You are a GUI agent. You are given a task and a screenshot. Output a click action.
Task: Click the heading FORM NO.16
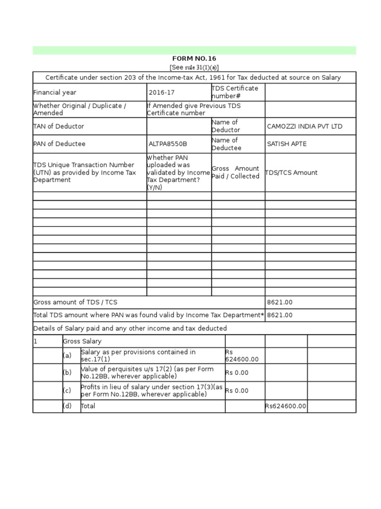tap(194, 59)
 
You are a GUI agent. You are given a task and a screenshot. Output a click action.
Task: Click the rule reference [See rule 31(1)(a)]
tap(194, 67)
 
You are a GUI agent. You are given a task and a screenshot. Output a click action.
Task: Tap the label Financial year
tap(55, 92)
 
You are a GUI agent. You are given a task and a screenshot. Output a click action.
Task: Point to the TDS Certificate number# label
tap(235, 92)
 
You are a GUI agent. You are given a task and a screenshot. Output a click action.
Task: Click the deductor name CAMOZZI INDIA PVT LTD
tap(305, 126)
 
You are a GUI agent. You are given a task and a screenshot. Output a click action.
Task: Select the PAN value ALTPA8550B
tap(168, 144)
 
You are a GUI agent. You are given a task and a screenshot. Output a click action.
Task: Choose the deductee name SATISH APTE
tap(287, 144)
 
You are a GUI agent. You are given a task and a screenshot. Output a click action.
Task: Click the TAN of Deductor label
tap(59, 126)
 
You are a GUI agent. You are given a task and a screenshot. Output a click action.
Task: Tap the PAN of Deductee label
tap(60, 144)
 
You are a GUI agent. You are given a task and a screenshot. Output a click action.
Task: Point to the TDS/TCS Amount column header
tap(292, 172)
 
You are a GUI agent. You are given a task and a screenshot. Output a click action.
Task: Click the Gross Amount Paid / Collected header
tap(236, 172)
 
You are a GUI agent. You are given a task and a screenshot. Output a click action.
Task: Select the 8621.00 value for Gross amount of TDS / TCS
tap(280, 302)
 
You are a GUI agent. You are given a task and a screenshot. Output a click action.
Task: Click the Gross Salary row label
tap(82, 341)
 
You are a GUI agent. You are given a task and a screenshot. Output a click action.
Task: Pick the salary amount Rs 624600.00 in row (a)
tap(242, 356)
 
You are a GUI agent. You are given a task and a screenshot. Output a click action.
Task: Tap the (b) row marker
tap(67, 373)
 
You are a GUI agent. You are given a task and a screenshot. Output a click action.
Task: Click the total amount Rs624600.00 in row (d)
tap(286, 406)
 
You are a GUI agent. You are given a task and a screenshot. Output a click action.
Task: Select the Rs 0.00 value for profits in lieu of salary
tap(237, 391)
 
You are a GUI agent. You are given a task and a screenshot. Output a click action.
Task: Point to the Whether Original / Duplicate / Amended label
tap(79, 109)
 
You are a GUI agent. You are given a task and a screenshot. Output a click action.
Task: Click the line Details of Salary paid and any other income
tap(130, 329)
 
